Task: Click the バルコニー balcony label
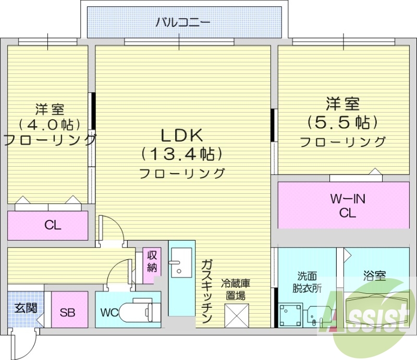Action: [x=183, y=22]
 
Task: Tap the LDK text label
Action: [x=182, y=135]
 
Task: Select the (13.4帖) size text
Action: [x=182, y=154]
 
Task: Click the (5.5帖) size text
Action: [x=343, y=122]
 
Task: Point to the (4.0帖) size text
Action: [x=50, y=124]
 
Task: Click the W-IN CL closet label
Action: [x=348, y=205]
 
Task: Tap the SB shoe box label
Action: [x=67, y=313]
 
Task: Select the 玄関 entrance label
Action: [x=26, y=308]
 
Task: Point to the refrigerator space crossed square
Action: [x=237, y=316]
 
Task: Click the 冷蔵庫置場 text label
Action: [x=236, y=290]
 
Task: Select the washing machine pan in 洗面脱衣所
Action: [x=291, y=316]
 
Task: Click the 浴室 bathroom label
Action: [x=374, y=276]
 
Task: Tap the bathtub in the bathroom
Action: [x=377, y=310]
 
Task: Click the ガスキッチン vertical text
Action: [x=206, y=291]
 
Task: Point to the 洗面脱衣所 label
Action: [x=307, y=282]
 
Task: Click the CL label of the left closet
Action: [x=53, y=226]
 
